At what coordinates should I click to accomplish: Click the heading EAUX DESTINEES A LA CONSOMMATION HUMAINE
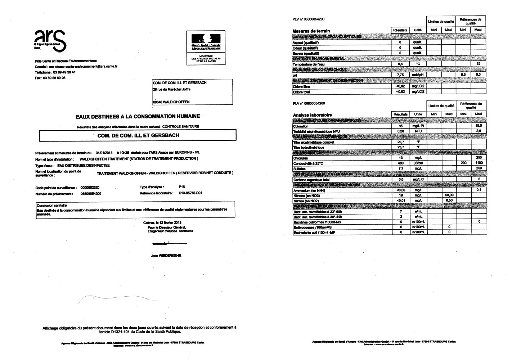[138, 116]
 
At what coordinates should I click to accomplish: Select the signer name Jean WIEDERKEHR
[166, 256]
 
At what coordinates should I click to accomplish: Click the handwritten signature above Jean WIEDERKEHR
[165, 244]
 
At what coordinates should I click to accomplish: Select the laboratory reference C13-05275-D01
[190, 193]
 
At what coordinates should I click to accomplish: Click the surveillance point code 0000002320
[90, 188]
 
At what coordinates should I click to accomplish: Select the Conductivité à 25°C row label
[309, 163]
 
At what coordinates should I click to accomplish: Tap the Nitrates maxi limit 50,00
[449, 195]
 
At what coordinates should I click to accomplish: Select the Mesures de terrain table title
[311, 31]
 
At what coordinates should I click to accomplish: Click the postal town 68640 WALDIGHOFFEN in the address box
[171, 102]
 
